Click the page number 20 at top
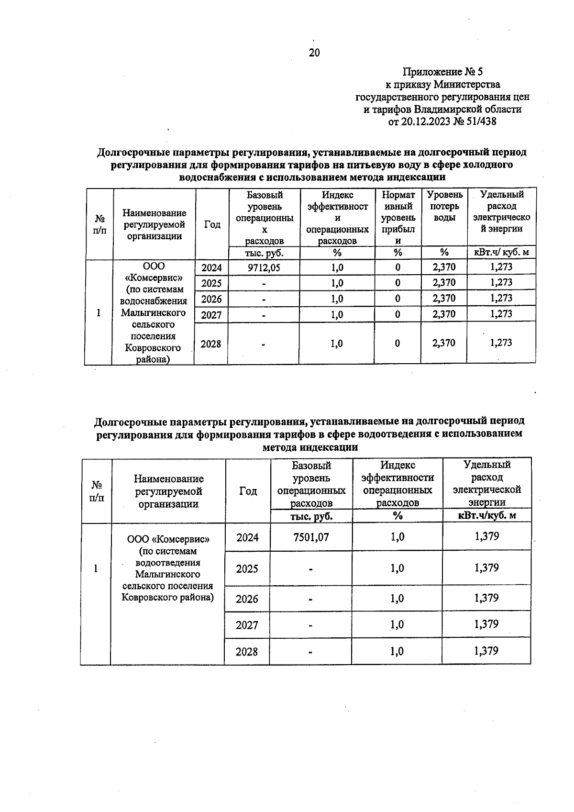pyautogui.click(x=314, y=53)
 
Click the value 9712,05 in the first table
pyautogui.click(x=264, y=267)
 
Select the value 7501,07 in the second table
pyautogui.click(x=311, y=537)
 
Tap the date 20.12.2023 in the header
pyautogui.click(x=425, y=122)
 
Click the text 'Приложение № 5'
pyautogui.click(x=442, y=72)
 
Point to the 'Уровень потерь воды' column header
pyautogui.click(x=444, y=206)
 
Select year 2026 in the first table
pyautogui.click(x=211, y=299)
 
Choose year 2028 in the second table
pyautogui.click(x=247, y=652)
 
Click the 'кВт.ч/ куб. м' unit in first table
pyautogui.click(x=501, y=253)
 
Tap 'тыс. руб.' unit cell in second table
pyautogui.click(x=311, y=516)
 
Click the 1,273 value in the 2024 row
pyautogui.click(x=501, y=267)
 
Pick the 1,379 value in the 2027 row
pyautogui.click(x=486, y=624)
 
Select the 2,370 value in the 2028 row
pyautogui.click(x=444, y=343)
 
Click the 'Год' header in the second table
pyautogui.click(x=248, y=491)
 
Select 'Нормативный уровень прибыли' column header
pyautogui.click(x=397, y=218)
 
